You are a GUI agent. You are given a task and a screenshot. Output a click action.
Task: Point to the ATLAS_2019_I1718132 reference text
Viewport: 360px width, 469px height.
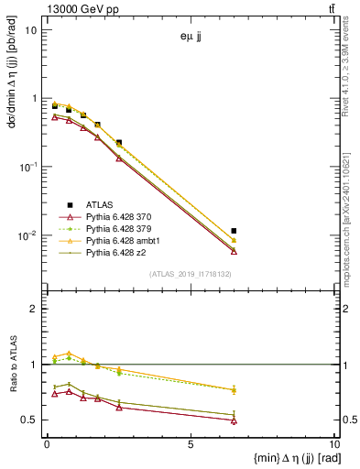point(190,274)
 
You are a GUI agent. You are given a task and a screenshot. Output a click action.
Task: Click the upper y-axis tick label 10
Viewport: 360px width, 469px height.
point(30,29)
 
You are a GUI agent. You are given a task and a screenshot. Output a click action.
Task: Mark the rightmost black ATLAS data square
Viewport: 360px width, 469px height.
point(235,231)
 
